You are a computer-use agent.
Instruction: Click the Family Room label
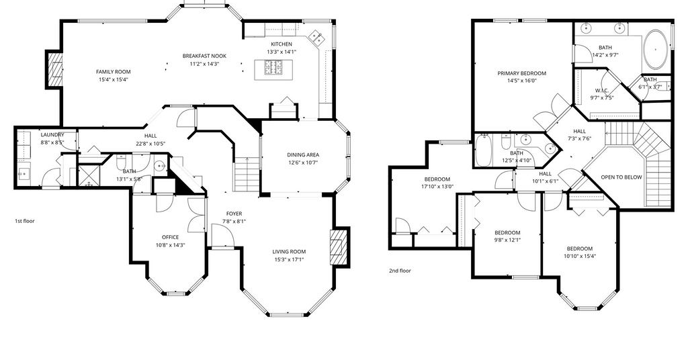(113, 72)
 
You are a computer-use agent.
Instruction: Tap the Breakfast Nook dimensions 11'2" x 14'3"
(204, 64)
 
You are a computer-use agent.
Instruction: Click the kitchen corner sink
(317, 38)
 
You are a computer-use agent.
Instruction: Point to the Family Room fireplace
(54, 69)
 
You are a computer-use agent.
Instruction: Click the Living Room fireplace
(339, 247)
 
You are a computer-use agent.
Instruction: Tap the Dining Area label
(303, 154)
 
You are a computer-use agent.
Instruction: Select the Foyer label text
(234, 214)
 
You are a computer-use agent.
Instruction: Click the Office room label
(170, 237)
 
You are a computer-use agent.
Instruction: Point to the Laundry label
(52, 135)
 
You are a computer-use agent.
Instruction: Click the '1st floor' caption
(25, 221)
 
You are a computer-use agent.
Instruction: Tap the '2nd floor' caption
(400, 271)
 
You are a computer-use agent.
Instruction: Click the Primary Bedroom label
(521, 73)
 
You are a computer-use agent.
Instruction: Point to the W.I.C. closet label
(601, 90)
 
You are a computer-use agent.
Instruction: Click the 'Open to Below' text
(621, 177)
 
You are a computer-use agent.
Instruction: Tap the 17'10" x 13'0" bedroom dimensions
(437, 186)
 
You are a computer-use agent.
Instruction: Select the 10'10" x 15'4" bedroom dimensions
(579, 256)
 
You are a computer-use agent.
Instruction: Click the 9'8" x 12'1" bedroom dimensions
(507, 240)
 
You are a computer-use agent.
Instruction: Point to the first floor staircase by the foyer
(247, 174)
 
